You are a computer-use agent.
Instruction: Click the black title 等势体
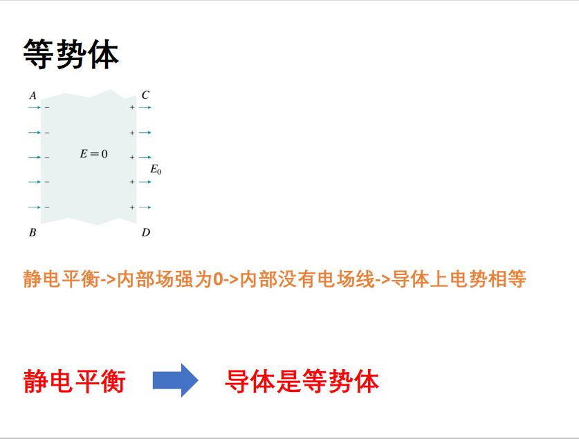pyautogui.click(x=71, y=54)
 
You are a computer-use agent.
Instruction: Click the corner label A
pyautogui.click(x=33, y=95)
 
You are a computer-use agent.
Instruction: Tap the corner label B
pyautogui.click(x=33, y=232)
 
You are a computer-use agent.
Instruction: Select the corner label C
pyautogui.click(x=145, y=95)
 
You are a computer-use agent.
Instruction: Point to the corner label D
pyautogui.click(x=146, y=232)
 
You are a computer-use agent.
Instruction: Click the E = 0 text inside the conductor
pyautogui.click(x=94, y=153)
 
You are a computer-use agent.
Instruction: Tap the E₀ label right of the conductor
pyautogui.click(x=156, y=169)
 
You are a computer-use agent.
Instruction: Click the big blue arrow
pyautogui.click(x=176, y=380)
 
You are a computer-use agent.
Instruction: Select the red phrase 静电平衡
pyautogui.click(x=75, y=381)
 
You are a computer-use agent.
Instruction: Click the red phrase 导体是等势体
pyautogui.click(x=302, y=381)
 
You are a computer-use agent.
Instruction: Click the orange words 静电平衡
pyautogui.click(x=62, y=279)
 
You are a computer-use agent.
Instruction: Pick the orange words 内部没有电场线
pyautogui.click(x=308, y=279)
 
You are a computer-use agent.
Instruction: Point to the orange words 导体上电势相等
pyautogui.click(x=459, y=279)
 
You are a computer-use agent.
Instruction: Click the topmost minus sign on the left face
pyautogui.click(x=47, y=107)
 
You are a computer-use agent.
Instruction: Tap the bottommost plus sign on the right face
pyautogui.click(x=132, y=207)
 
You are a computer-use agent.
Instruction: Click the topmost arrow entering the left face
pyautogui.click(x=35, y=107)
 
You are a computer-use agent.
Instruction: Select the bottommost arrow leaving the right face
pyautogui.click(x=145, y=207)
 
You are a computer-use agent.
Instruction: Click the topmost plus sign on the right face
pyautogui.click(x=132, y=107)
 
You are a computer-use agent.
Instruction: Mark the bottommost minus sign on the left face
pyautogui.click(x=47, y=207)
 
